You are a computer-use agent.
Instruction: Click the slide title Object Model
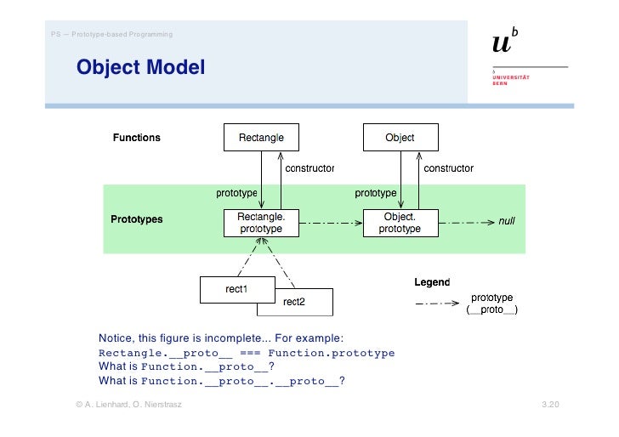(140, 66)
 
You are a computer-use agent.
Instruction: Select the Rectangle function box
(261, 138)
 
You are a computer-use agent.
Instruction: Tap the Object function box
(400, 138)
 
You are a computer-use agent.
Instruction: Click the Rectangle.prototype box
(261, 223)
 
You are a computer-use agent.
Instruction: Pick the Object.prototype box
(400, 223)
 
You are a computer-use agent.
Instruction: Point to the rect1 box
(236, 289)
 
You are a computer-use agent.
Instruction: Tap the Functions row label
(137, 138)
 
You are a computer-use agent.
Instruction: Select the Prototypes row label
(137, 219)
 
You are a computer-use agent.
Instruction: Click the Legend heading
(432, 281)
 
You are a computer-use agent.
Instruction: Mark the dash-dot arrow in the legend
(435, 304)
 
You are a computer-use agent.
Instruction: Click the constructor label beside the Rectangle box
(309, 168)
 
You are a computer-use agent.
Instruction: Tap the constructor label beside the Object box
(448, 168)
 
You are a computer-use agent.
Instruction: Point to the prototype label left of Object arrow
(375, 193)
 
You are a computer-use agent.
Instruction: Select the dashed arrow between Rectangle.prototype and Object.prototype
(330, 224)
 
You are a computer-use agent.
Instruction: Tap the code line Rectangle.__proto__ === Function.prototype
(247, 353)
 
